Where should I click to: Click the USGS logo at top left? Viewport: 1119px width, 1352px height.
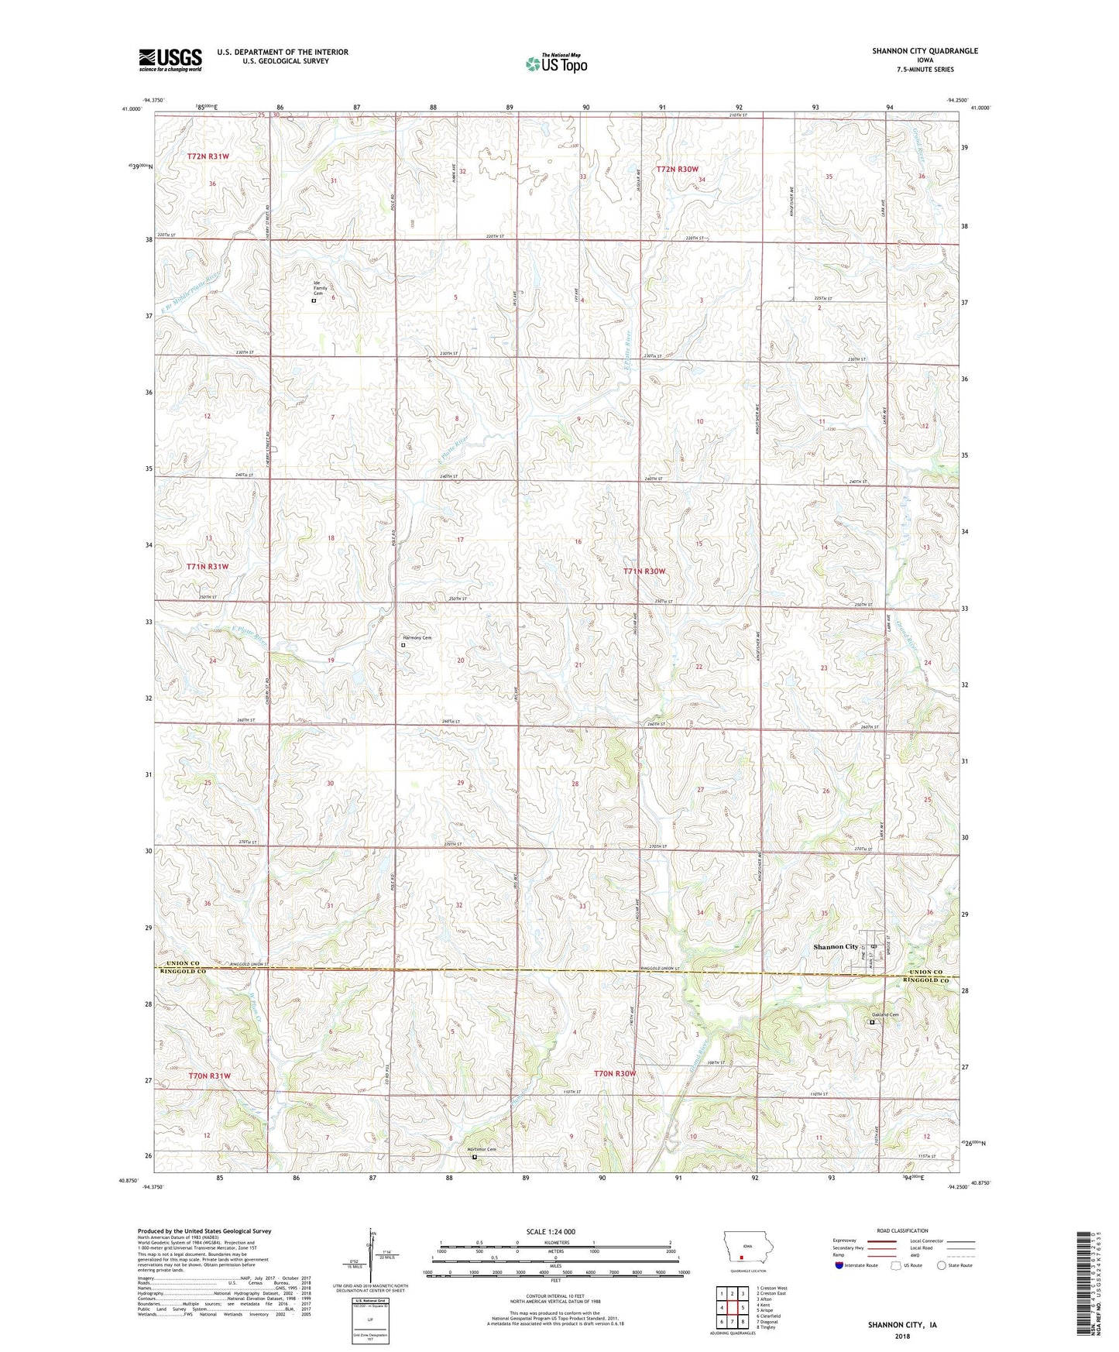pyautogui.click(x=170, y=59)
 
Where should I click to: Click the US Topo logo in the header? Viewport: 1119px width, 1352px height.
pyautogui.click(x=556, y=63)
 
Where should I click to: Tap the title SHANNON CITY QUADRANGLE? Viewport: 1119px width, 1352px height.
pyautogui.click(x=925, y=51)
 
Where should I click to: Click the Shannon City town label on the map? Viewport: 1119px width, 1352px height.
pyautogui.click(x=836, y=946)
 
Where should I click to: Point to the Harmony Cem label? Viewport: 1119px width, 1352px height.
pyautogui.click(x=416, y=637)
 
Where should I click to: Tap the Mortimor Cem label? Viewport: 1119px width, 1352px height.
pyautogui.click(x=480, y=1149)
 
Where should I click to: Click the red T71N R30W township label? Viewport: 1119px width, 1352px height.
pyautogui.click(x=644, y=571)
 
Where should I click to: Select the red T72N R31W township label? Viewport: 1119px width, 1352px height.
pyautogui.click(x=208, y=156)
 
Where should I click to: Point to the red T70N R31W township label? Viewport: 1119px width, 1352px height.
pyautogui.click(x=209, y=1076)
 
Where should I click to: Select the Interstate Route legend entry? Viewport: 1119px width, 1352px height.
pyautogui.click(x=856, y=1265)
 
